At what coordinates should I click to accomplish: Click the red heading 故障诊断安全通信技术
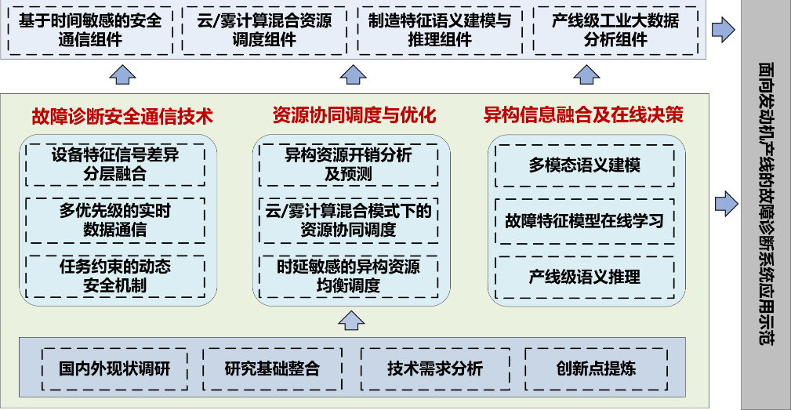coord(122,116)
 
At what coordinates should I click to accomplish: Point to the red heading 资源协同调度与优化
coord(354,116)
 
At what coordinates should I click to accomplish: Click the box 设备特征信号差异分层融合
coord(115,164)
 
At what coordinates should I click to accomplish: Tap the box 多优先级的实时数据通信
coord(115,220)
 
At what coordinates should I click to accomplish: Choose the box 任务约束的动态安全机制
coord(115,276)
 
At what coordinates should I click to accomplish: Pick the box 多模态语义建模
coord(585,165)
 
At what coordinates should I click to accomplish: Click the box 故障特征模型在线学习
coord(585,221)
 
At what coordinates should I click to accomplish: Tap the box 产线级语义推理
coord(585,277)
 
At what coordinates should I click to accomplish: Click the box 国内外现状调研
coord(114,368)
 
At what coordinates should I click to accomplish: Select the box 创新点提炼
coord(596,368)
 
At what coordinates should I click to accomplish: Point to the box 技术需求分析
coord(434,368)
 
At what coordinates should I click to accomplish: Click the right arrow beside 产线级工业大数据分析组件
coord(722,30)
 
